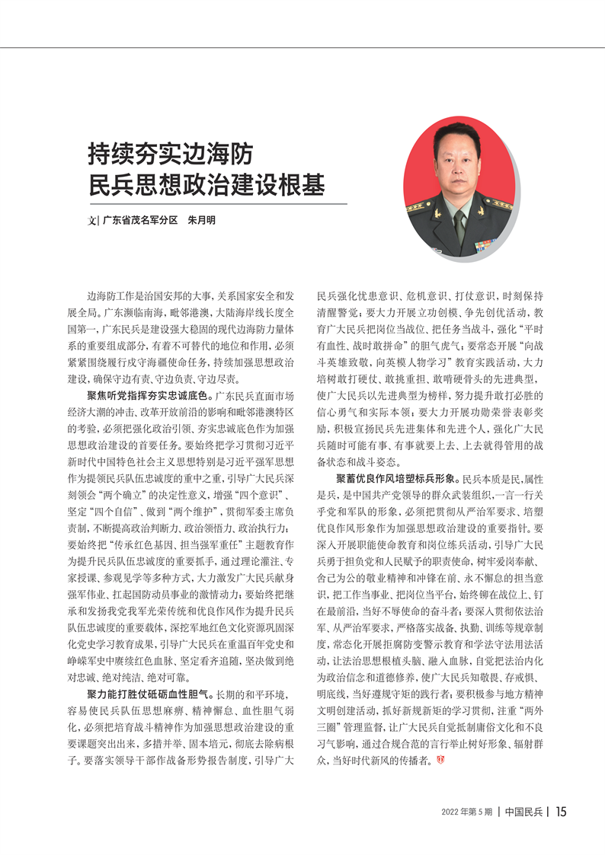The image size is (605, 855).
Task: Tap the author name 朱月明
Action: point(201,219)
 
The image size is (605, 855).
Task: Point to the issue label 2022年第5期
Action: point(467,812)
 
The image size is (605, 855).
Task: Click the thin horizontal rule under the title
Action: point(217,203)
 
